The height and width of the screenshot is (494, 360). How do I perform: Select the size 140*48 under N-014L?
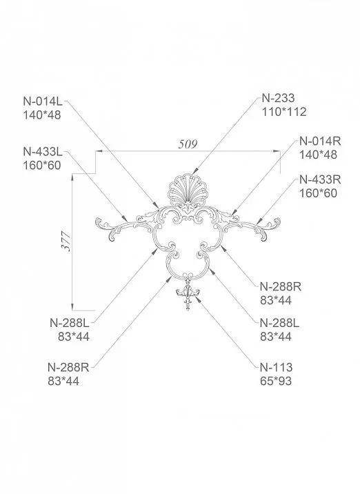(41, 115)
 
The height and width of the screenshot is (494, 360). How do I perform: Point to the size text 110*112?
(283, 112)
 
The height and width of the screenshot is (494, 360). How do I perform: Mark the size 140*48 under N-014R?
(318, 155)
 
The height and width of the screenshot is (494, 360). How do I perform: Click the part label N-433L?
(42, 151)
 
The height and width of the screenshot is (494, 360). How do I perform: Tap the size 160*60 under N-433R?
(318, 193)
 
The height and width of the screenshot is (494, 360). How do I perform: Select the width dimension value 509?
(187, 145)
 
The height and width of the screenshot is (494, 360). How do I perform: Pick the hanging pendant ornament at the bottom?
(188, 295)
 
